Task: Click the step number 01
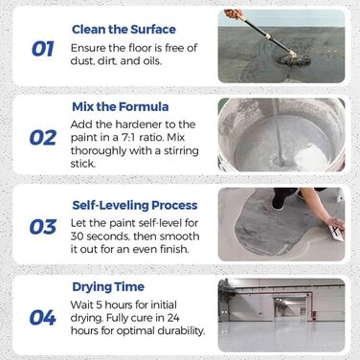pos(43,49)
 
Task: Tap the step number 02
pos(43,138)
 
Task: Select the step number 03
pos(43,227)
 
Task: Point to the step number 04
pos(43,318)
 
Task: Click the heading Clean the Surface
pos(124,30)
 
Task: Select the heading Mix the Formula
pos(121,106)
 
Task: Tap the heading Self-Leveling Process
pos(135,205)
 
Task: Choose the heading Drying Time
pos(108,287)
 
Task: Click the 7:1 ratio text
pos(144,138)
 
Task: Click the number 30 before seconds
pos(77,236)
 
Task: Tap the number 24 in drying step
pos(172,318)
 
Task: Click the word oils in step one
pos(150,60)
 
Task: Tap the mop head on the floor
pos(294,58)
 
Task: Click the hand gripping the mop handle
pos(234,13)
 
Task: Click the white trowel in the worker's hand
pos(337,232)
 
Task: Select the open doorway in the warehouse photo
pos(291,308)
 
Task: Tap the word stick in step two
pos(82,164)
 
